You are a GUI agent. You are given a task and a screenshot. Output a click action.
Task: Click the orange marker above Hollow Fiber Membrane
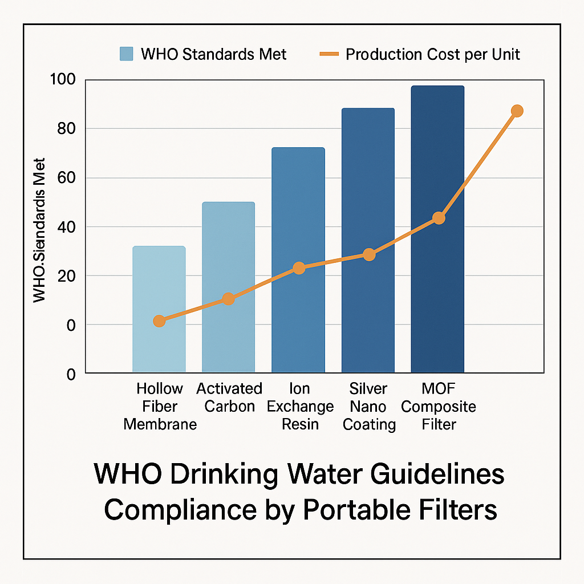point(159,321)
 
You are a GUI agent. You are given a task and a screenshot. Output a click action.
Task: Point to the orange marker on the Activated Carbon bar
point(228,299)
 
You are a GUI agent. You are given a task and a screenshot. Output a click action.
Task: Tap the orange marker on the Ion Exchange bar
point(299,268)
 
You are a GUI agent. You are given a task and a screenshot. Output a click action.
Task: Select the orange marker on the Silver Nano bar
point(369,254)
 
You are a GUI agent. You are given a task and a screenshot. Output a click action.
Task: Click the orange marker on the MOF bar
point(439,218)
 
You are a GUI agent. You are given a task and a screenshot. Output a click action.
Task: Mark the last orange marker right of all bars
point(517,111)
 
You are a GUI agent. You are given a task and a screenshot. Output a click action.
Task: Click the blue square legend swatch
point(126,54)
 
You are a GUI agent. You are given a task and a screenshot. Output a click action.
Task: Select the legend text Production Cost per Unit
point(433,55)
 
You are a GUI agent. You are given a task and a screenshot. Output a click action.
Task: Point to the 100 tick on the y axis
point(62,79)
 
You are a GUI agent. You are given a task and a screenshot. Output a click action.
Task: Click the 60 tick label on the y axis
point(66,178)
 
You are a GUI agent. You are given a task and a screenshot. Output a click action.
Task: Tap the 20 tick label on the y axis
point(66,276)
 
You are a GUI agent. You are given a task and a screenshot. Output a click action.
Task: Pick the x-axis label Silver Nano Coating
point(368,407)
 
